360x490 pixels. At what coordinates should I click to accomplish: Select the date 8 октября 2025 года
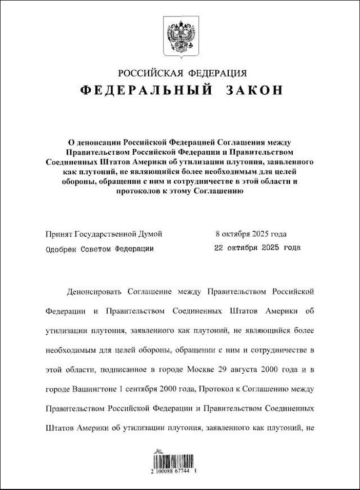(x=251, y=234)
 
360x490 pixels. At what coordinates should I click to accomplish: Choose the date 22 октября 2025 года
(x=256, y=248)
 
